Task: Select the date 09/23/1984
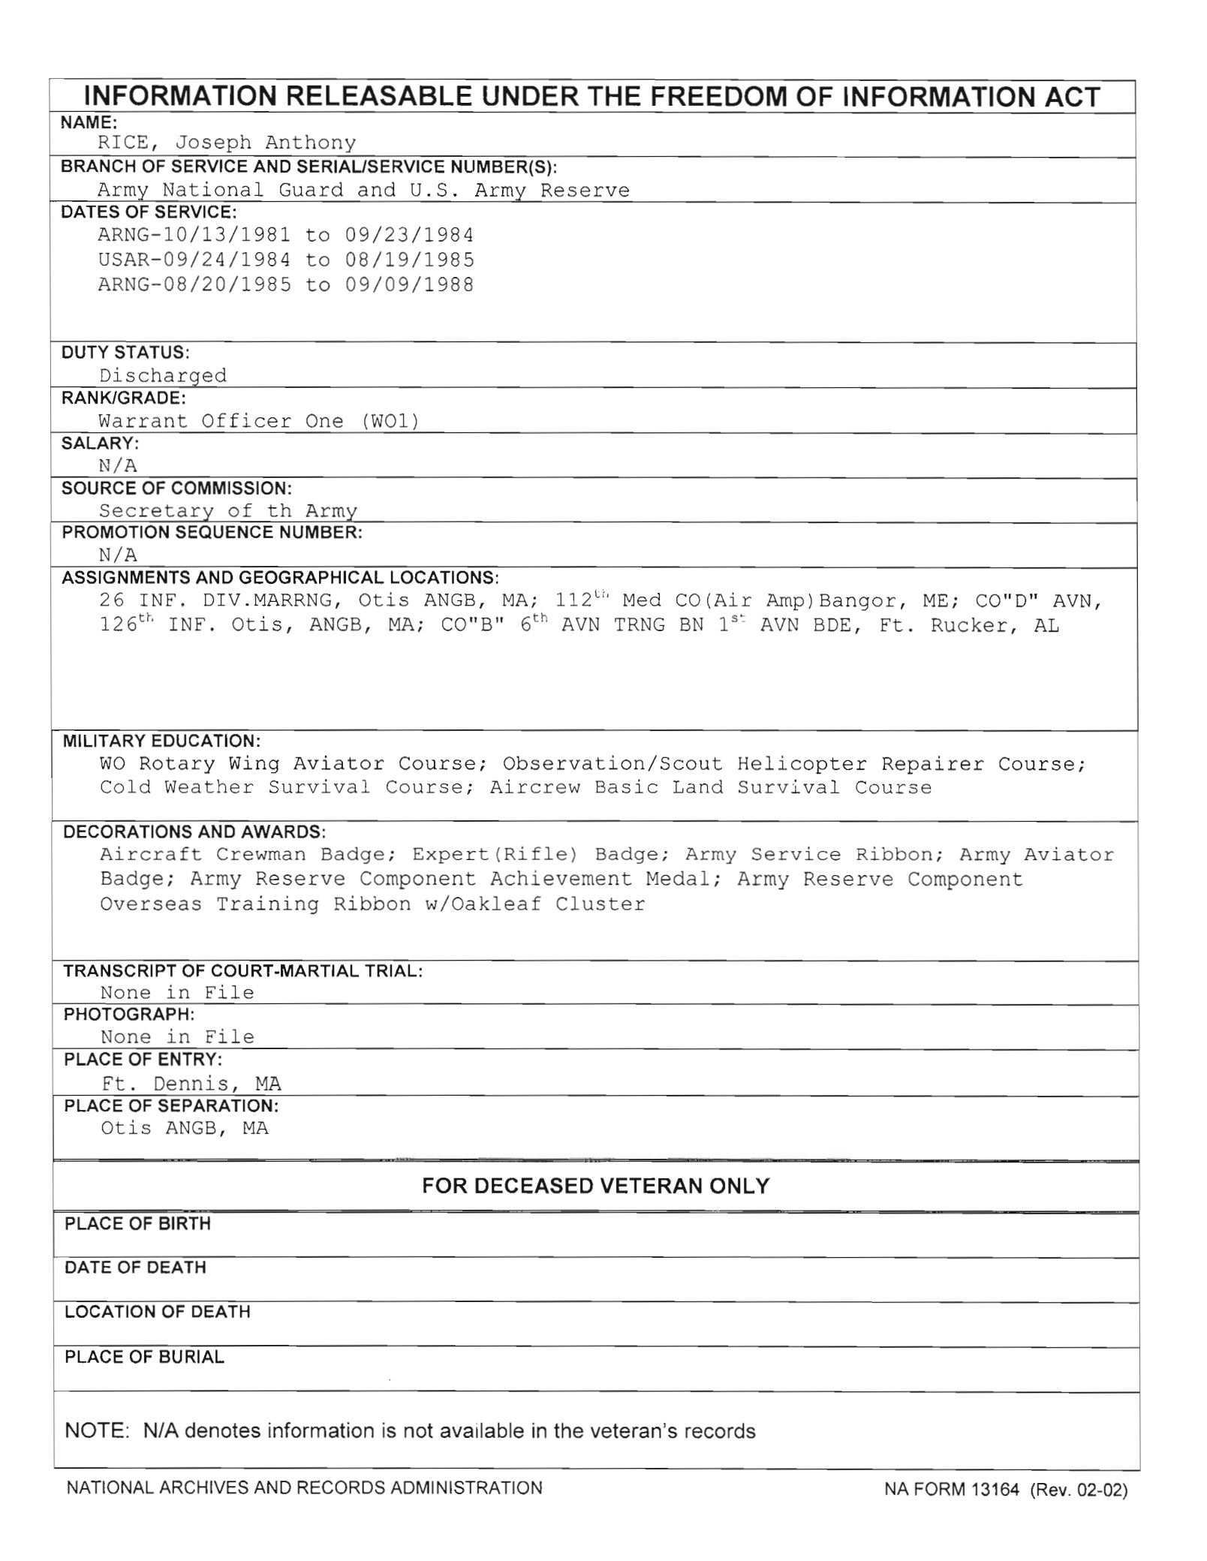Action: click(409, 236)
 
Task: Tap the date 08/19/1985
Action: click(409, 260)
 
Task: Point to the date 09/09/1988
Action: click(409, 285)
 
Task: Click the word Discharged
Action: click(163, 375)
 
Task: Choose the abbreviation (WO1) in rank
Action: click(390, 421)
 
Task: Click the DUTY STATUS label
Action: click(125, 353)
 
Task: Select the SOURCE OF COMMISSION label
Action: click(176, 489)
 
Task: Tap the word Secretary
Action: click(156, 511)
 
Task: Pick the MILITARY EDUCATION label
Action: click(161, 741)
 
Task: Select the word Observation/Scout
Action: click(613, 764)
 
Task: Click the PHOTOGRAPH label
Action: click(129, 1015)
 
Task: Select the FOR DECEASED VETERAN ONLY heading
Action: click(596, 1186)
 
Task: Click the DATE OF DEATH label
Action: click(135, 1268)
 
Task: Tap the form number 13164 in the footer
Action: click(995, 1490)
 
